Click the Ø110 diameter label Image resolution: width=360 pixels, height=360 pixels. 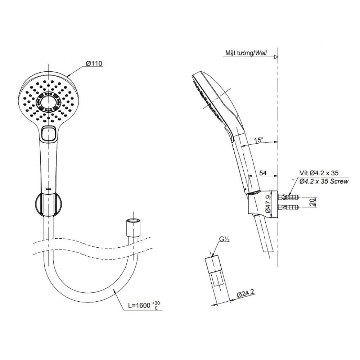tap(94, 63)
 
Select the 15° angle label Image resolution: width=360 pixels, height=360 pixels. tap(259, 140)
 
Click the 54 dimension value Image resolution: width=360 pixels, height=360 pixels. tap(263, 173)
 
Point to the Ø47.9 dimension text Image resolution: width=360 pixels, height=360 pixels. tap(268, 204)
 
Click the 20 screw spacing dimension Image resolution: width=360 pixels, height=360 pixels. tap(312, 202)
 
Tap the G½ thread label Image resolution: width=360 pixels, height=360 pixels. tap(224, 239)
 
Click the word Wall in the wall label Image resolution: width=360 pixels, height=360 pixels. tap(261, 53)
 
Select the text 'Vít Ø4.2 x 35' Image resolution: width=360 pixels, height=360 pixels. tap(319, 173)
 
